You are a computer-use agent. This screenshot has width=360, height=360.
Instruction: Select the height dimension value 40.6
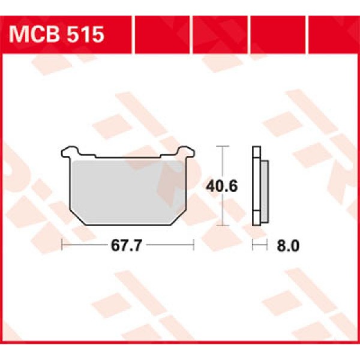(x=222, y=186)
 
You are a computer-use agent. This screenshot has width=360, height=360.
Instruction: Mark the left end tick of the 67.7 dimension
(x=62, y=245)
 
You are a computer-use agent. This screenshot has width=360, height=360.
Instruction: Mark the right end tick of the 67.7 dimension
(x=194, y=245)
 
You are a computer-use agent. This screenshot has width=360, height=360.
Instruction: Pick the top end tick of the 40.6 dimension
(x=223, y=146)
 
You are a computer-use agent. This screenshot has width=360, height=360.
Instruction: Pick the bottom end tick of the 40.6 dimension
(x=223, y=225)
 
